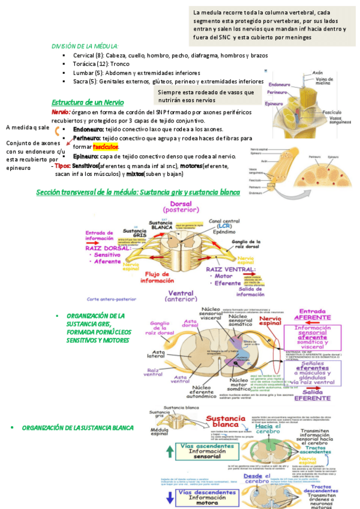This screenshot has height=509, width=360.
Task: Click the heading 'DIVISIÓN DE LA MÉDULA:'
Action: coord(85,46)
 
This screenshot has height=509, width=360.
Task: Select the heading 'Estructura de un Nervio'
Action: coord(88,103)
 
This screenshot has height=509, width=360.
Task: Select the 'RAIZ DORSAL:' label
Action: coord(109,247)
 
